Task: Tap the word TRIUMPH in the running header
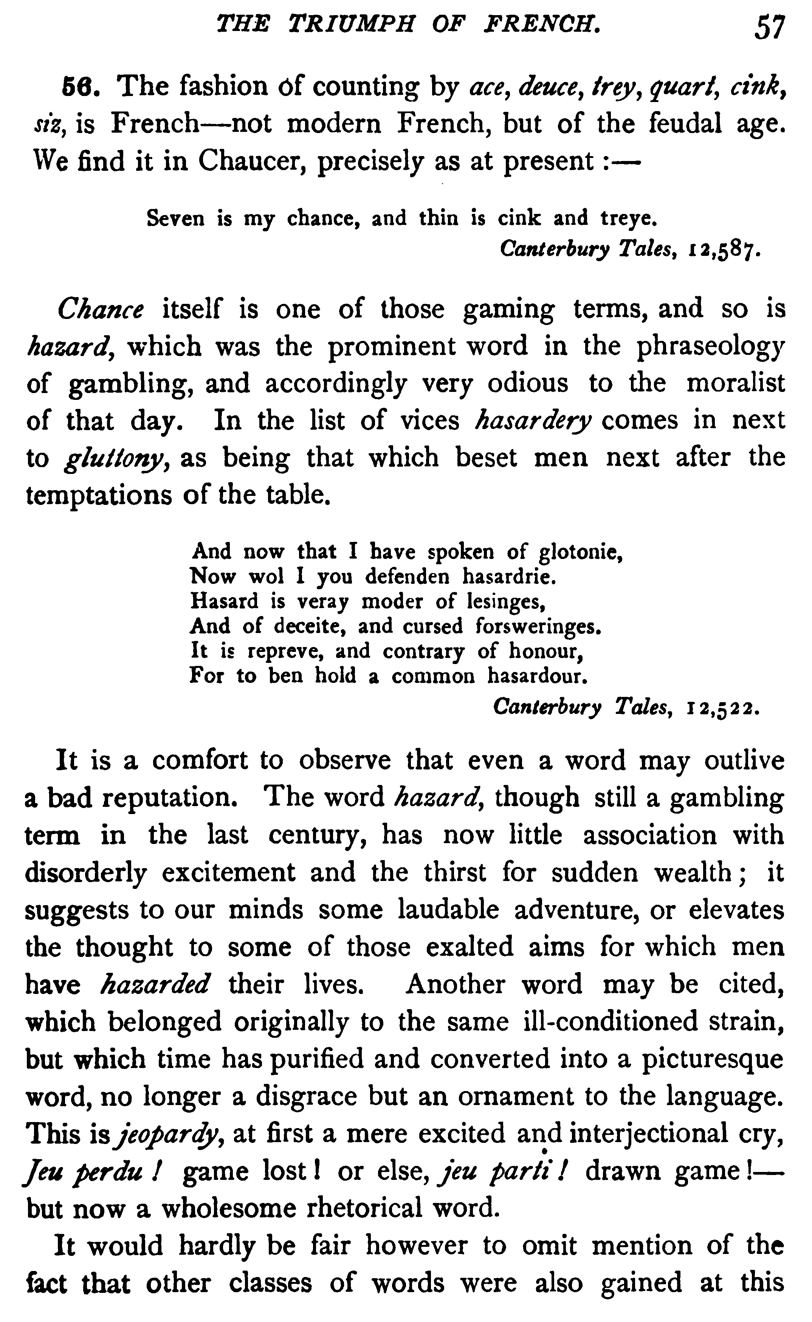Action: [x=351, y=25]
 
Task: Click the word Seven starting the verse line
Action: [x=176, y=218]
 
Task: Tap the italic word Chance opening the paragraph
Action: [x=101, y=309]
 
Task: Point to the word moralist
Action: [x=736, y=383]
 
